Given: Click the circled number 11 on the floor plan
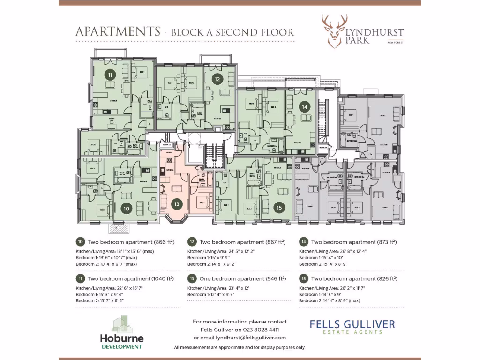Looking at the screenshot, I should click(x=110, y=75).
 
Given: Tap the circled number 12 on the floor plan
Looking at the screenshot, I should click(x=217, y=79).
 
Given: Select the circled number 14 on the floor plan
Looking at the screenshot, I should click(x=305, y=106).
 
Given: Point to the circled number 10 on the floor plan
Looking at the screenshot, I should click(x=127, y=209).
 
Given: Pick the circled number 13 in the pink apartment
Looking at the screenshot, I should click(x=176, y=204).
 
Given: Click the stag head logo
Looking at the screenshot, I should click(x=334, y=31).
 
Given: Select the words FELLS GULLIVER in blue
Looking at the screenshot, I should click(x=352, y=324).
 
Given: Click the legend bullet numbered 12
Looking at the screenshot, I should click(x=192, y=242).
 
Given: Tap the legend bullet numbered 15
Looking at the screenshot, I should click(x=303, y=278).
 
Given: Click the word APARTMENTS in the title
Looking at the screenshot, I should click(x=118, y=32).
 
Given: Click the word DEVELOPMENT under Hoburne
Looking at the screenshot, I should click(x=121, y=347).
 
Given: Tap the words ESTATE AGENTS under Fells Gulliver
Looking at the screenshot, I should click(x=352, y=332).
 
